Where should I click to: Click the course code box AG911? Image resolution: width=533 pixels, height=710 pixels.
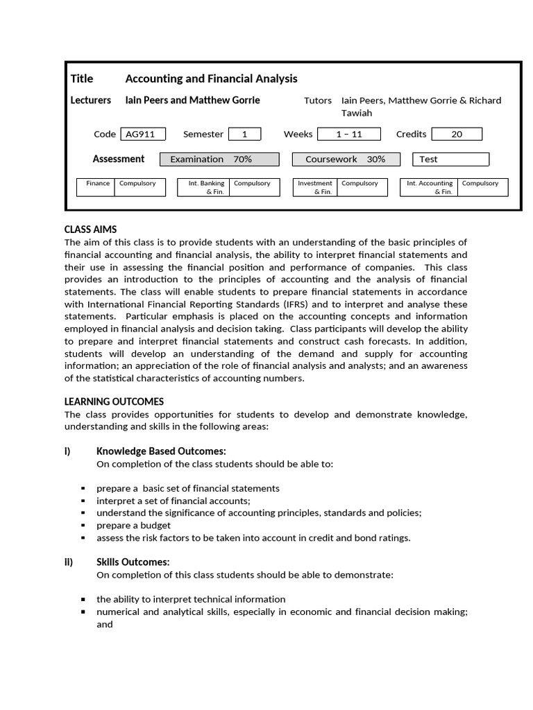click(x=143, y=135)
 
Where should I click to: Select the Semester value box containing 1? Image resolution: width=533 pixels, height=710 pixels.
click(x=244, y=135)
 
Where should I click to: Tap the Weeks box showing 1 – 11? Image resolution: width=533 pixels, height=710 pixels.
click(x=349, y=135)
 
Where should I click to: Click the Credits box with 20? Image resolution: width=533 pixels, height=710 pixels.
click(x=456, y=135)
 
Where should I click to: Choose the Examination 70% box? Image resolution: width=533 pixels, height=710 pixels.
click(x=219, y=159)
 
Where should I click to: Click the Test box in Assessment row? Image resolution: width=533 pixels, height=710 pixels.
click(x=450, y=159)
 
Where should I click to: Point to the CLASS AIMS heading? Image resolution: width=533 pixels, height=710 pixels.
click(x=90, y=230)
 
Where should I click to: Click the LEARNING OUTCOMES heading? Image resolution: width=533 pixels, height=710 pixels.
click(x=114, y=401)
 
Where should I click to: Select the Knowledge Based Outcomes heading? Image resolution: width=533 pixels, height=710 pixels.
click(x=161, y=451)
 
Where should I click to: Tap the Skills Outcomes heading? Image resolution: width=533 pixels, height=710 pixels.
click(x=133, y=562)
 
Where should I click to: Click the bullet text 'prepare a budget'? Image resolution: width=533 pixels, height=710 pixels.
click(x=133, y=525)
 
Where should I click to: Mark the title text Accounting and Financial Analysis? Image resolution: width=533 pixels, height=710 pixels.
click(x=211, y=78)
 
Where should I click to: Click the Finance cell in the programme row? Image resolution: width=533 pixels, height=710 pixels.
click(x=97, y=184)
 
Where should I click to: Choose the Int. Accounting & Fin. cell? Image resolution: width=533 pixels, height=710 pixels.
click(x=430, y=187)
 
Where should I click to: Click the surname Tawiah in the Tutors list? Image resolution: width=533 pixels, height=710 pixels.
click(x=357, y=113)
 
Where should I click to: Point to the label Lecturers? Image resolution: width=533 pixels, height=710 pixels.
click(x=91, y=100)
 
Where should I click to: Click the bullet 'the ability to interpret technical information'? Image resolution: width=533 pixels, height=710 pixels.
click(x=191, y=599)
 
